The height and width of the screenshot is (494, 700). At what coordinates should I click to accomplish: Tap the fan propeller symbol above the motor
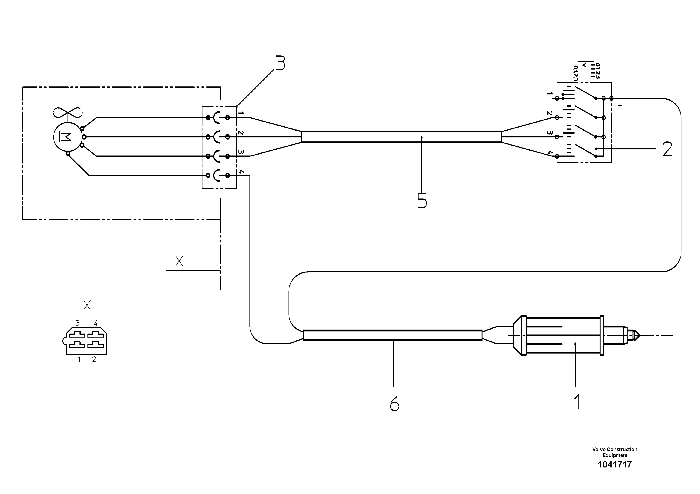coord(68,112)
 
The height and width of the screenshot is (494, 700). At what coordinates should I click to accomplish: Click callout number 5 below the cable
coord(422,200)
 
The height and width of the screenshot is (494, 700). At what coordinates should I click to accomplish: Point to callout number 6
coord(394,405)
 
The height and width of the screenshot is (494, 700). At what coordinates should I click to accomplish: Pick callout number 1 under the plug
coord(577,402)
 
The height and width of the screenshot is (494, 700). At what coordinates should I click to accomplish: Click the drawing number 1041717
coord(614,464)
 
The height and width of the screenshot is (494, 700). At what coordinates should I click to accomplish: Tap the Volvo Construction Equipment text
coord(614,452)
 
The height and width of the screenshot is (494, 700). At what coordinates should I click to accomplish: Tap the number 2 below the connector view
coord(94,359)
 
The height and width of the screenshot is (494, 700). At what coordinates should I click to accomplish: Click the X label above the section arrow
coord(179,261)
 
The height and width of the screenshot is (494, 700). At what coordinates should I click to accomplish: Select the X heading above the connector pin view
coord(87,305)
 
